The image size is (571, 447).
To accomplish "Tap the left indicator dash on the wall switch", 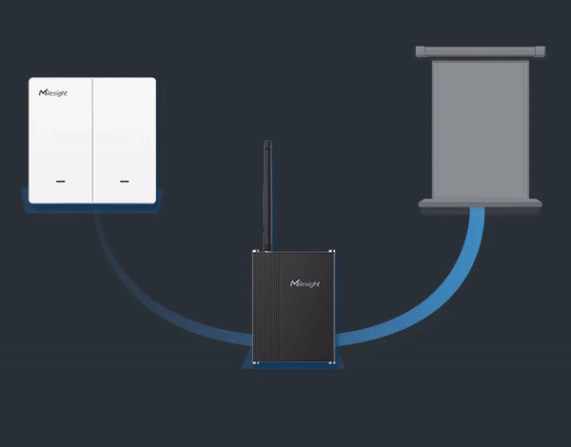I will click(x=61, y=179).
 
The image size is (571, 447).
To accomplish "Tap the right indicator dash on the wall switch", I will click(x=124, y=179).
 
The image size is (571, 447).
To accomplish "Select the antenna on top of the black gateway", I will click(x=267, y=190).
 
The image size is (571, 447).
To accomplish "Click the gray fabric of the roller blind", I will click(x=481, y=128).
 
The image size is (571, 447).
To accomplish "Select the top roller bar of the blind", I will click(x=481, y=49).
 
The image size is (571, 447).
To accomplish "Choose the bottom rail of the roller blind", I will click(x=481, y=203).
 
